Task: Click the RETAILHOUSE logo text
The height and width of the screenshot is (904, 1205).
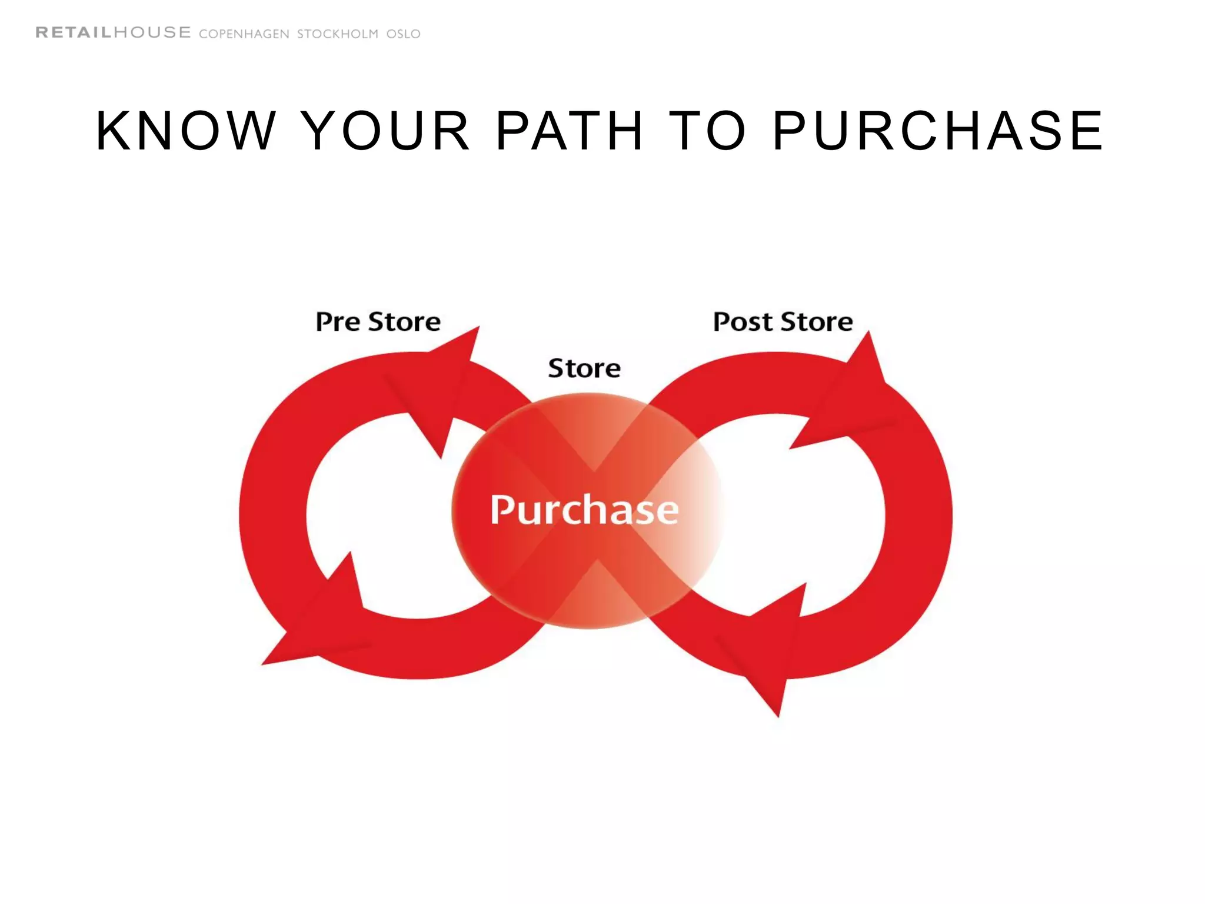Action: (114, 32)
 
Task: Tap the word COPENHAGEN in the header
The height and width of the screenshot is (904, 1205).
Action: (244, 34)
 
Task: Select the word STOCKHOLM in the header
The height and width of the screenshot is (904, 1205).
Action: (338, 34)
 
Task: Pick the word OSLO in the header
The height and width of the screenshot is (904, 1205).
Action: (404, 34)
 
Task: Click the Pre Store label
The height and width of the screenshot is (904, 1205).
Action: (378, 322)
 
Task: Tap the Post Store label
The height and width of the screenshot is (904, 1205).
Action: (783, 322)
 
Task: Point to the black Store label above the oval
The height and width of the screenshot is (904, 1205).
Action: (584, 368)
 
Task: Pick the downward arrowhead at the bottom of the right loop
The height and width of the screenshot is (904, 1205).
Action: (765, 653)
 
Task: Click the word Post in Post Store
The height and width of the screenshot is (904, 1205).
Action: (743, 322)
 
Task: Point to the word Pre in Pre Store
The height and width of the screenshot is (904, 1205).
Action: (338, 322)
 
